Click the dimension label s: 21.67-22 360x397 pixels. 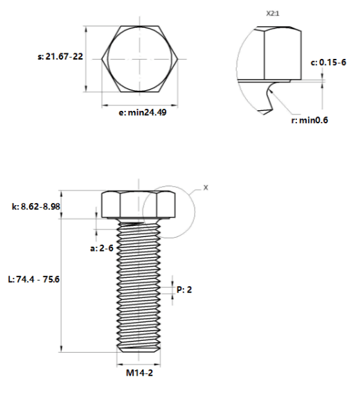point(60,56)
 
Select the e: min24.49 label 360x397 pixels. point(143,112)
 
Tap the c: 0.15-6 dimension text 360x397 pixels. point(328,62)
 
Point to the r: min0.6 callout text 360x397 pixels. point(309,120)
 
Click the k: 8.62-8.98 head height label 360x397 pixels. point(36,206)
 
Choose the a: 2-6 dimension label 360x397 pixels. point(102,248)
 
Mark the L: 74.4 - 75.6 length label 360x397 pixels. point(34,279)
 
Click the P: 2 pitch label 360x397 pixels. point(184,290)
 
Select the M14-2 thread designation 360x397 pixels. point(139,373)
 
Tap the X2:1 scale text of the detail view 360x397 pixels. point(273,13)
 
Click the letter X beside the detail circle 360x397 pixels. point(206,188)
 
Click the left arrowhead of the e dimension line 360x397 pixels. point(105,105)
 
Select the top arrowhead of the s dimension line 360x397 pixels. point(87,29)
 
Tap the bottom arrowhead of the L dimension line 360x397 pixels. point(61,349)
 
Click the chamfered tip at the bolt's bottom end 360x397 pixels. point(138,350)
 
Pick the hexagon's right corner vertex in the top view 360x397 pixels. point(178,60)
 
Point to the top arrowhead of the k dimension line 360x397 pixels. point(61,193)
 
